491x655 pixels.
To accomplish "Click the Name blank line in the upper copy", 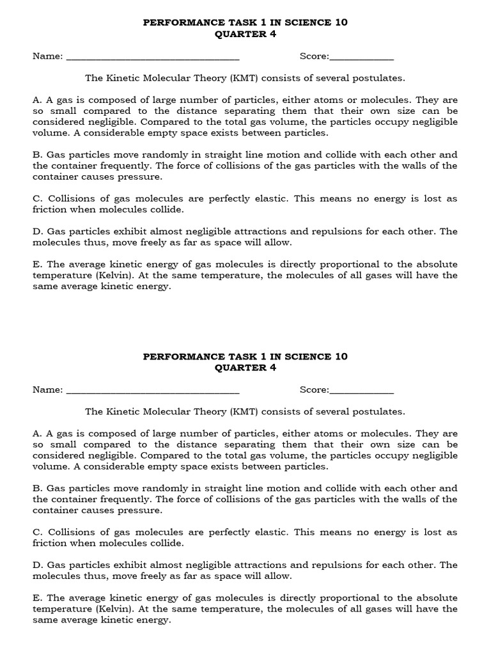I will [153, 58].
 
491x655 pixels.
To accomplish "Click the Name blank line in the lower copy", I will [153, 391].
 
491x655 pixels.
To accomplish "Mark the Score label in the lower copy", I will [314, 390].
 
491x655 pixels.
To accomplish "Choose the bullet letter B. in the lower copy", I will [38, 488].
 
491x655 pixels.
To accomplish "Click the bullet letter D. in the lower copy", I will [38, 565].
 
